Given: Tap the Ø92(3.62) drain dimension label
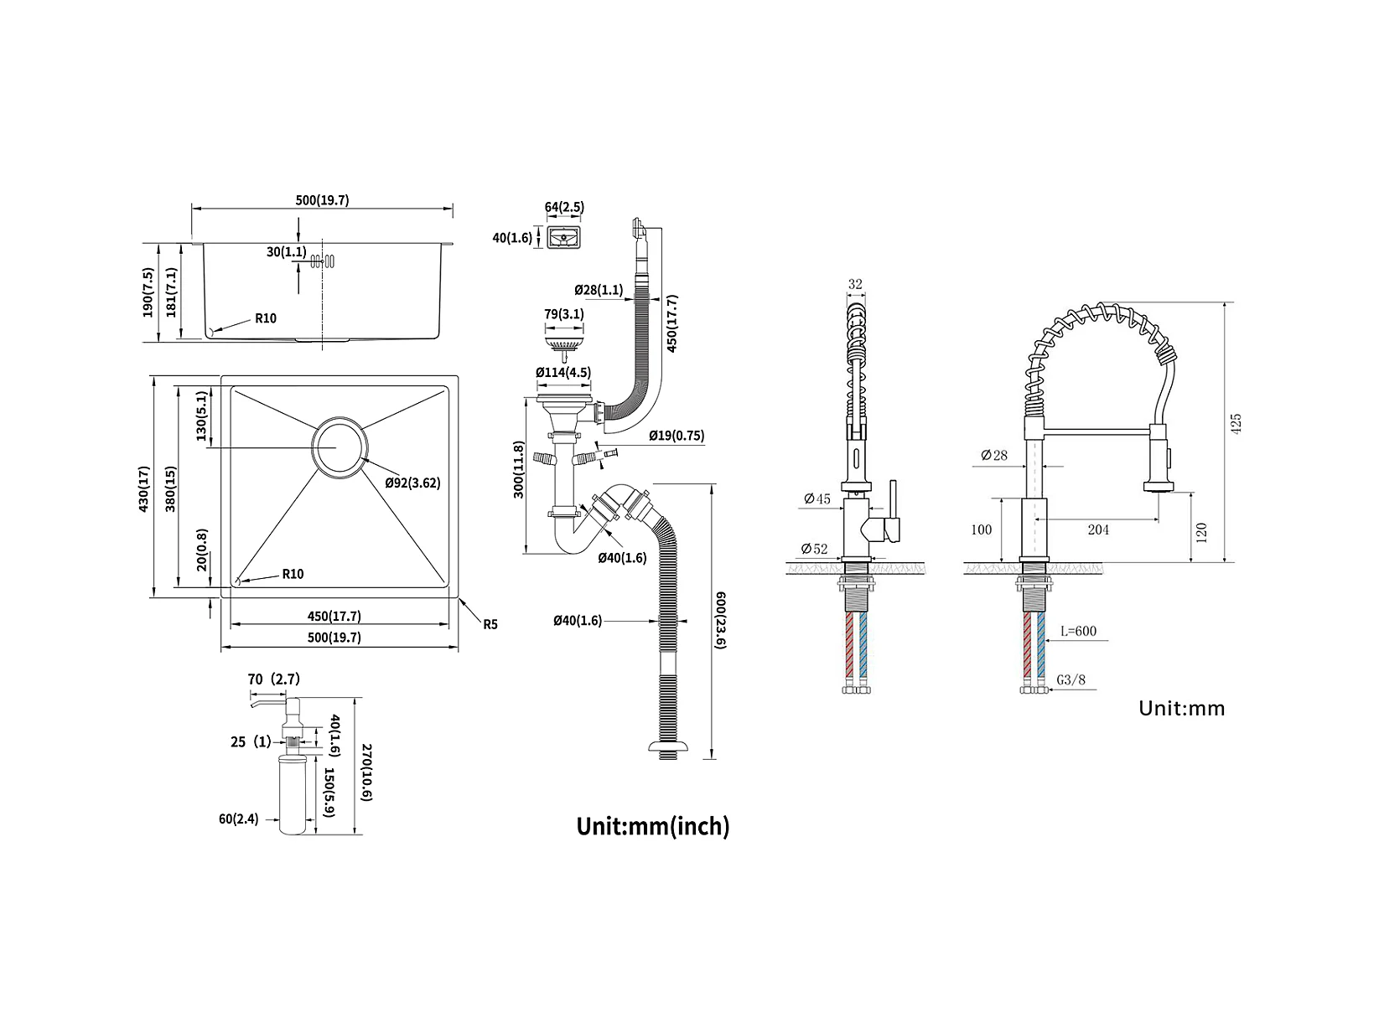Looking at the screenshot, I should click(412, 483).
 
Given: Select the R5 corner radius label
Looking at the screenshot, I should click(490, 624).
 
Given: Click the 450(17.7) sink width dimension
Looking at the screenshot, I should click(334, 616).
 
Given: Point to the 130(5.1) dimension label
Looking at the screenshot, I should click(200, 416).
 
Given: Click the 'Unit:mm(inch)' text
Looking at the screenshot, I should click(653, 827).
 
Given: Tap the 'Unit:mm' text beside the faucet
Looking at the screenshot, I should click(1181, 709).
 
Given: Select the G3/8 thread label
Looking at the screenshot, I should click(1072, 679).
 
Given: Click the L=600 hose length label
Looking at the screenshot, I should click(1078, 631).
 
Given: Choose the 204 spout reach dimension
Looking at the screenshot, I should click(1098, 529).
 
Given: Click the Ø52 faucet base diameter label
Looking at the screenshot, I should click(814, 550).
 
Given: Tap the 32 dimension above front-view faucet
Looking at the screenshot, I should click(855, 284).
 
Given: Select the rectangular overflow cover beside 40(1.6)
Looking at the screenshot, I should click(564, 238).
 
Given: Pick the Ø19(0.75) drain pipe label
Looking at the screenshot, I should click(676, 436).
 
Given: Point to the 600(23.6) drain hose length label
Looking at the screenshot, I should click(719, 619).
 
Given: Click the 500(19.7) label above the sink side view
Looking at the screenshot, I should click(322, 200).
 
